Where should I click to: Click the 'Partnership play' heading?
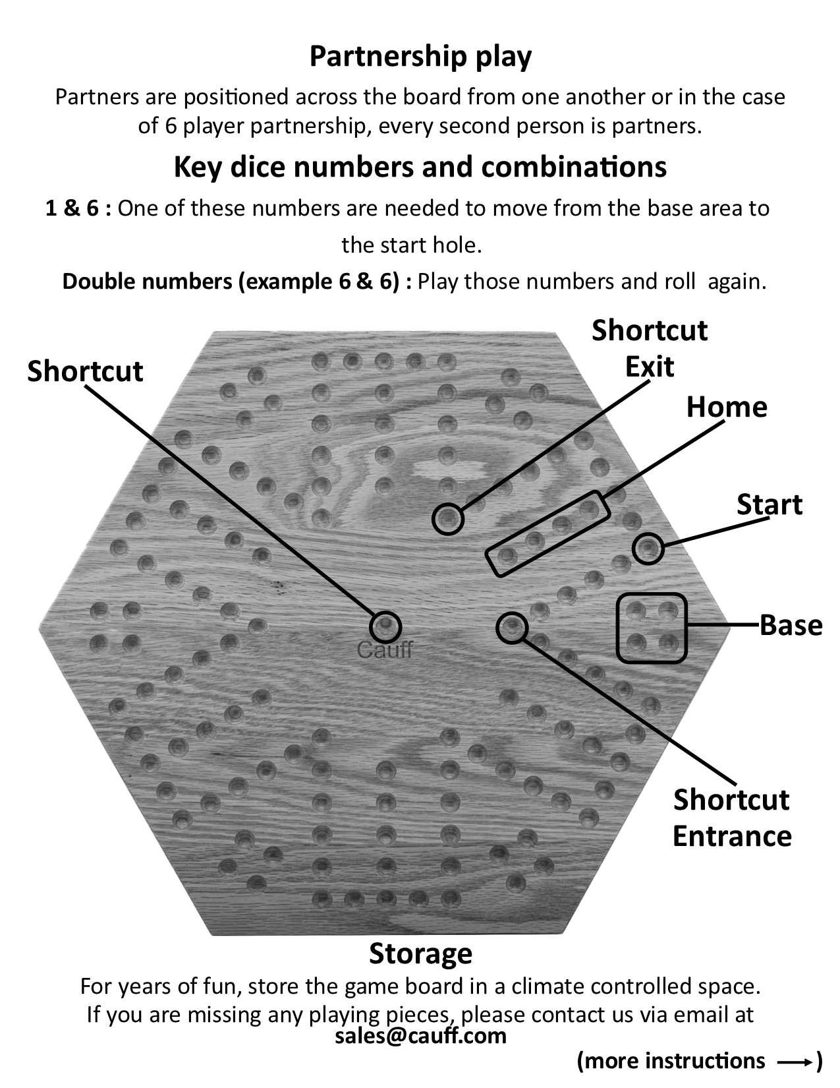click(x=420, y=57)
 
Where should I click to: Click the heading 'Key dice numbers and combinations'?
click(x=420, y=167)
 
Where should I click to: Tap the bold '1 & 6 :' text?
click(x=78, y=209)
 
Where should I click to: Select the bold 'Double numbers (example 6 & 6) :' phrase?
click(x=238, y=282)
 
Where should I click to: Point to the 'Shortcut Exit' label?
click(x=650, y=348)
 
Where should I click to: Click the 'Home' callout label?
click(x=727, y=407)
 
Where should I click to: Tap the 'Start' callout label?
click(x=770, y=504)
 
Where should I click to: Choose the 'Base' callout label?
click(x=791, y=625)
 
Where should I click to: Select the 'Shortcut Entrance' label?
click(x=732, y=818)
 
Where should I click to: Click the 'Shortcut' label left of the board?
click(x=85, y=371)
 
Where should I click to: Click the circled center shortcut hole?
click(x=385, y=626)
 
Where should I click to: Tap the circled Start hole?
click(x=648, y=548)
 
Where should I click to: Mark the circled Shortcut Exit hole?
click(x=447, y=518)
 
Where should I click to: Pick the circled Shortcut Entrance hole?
click(x=511, y=627)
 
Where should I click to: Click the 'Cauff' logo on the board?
click(x=385, y=651)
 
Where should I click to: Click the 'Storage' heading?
click(x=420, y=953)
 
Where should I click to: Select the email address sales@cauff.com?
click(x=420, y=1035)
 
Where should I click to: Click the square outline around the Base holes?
click(x=652, y=627)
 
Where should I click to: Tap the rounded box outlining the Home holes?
click(x=546, y=533)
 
